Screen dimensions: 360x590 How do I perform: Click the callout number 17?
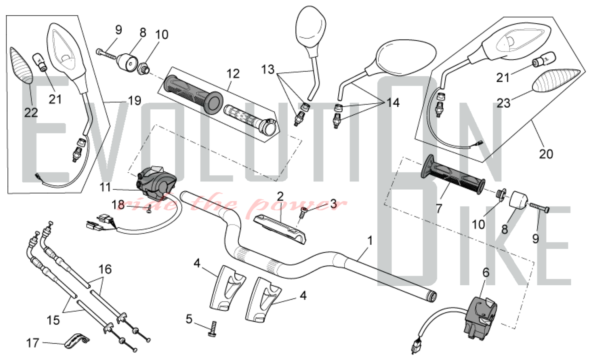[32, 343]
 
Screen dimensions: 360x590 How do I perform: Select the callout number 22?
[31, 112]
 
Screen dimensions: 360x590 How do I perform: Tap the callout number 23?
[504, 103]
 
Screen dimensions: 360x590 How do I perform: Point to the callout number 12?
[233, 74]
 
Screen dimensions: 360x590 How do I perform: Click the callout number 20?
[546, 154]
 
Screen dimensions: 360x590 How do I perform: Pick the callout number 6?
[486, 272]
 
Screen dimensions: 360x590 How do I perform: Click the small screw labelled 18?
[149, 210]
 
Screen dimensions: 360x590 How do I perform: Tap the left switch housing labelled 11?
[155, 181]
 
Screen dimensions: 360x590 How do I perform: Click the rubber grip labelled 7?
[453, 174]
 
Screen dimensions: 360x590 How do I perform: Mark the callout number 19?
[135, 101]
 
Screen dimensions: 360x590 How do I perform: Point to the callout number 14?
[393, 103]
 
